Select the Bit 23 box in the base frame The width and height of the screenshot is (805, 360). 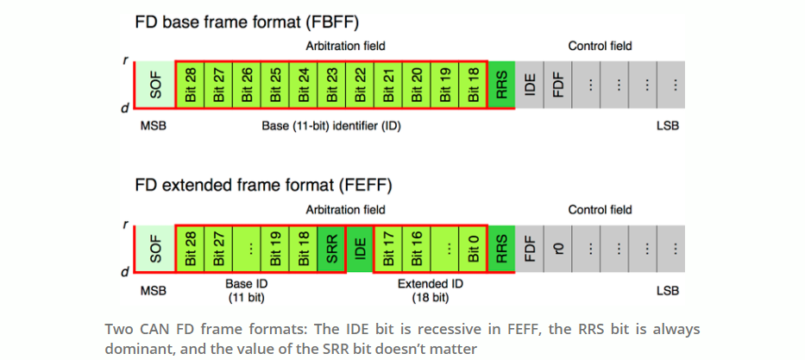[x=332, y=85]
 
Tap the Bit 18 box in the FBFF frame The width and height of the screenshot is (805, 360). [x=473, y=85]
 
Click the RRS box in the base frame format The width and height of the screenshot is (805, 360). [x=501, y=85]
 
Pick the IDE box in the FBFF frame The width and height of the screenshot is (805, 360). [x=530, y=85]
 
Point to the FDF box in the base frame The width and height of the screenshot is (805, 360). [x=558, y=85]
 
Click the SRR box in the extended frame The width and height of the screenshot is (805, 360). [x=331, y=249]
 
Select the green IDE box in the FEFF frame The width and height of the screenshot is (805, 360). [x=360, y=249]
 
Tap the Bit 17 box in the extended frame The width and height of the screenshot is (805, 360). [x=388, y=249]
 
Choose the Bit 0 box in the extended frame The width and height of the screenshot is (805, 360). [x=473, y=249]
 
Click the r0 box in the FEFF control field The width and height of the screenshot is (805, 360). [x=558, y=249]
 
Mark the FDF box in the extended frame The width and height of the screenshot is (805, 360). [x=530, y=249]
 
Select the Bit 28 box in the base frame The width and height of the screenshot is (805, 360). [x=191, y=85]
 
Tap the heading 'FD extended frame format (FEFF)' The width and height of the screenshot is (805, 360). [x=263, y=185]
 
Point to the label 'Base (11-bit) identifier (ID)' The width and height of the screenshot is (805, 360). [x=331, y=126]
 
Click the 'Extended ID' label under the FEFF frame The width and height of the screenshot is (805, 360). [x=429, y=284]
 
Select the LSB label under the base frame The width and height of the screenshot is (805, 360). [x=667, y=126]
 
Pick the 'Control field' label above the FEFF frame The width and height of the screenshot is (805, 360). [x=600, y=210]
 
